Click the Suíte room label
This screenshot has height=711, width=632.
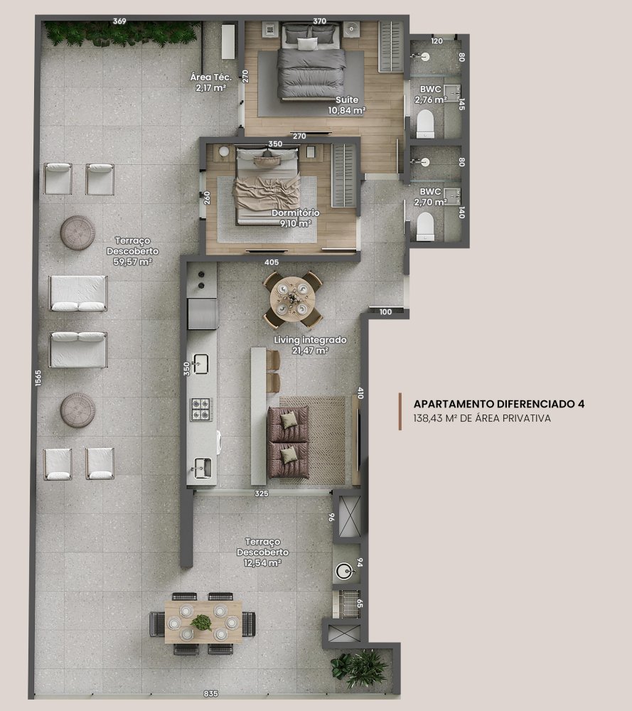pyautogui.click(x=347, y=100)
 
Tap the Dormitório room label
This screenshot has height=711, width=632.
pyautogui.click(x=295, y=213)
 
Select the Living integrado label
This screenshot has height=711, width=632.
pyautogui.click(x=310, y=340)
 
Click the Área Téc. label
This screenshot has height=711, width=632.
pyautogui.click(x=211, y=77)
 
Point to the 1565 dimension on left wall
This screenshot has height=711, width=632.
pyautogui.click(x=38, y=378)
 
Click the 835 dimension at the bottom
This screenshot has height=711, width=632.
pyautogui.click(x=211, y=694)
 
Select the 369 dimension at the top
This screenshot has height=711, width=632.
pyautogui.click(x=119, y=21)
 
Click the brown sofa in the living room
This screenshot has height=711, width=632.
pyautogui.click(x=289, y=442)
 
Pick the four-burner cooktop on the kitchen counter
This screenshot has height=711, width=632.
pyautogui.click(x=201, y=409)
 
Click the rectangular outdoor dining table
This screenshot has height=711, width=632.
pyautogui.click(x=203, y=622)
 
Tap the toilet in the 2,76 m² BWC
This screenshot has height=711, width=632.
pyautogui.click(x=425, y=123)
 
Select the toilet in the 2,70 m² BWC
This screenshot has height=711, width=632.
pyautogui.click(x=425, y=227)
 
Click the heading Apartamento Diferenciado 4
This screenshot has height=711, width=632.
pyautogui.click(x=499, y=404)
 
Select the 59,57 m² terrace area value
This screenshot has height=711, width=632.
pyautogui.click(x=132, y=262)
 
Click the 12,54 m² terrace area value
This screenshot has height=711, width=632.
pyautogui.click(x=262, y=562)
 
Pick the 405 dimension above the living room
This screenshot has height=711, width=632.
pyautogui.click(x=272, y=262)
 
